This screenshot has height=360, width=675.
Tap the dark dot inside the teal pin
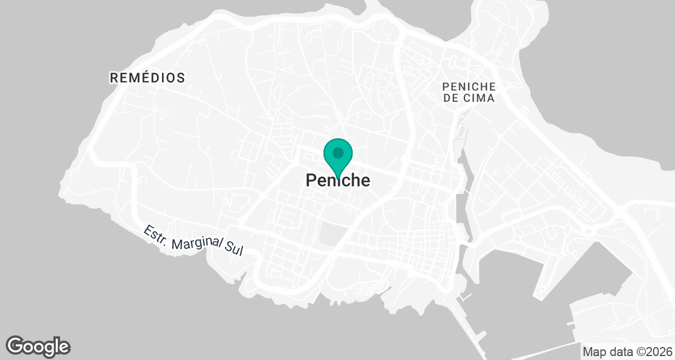point(337,152)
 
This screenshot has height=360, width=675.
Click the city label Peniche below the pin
point(338,180)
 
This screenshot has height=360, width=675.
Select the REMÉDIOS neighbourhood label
point(147,78)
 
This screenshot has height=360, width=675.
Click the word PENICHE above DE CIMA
point(469,87)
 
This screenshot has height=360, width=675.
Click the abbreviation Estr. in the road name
point(156,235)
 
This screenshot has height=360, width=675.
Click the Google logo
point(38,346)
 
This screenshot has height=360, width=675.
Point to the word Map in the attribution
point(593,352)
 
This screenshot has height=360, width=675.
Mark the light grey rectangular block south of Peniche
point(331,235)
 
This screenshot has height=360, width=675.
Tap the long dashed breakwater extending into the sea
point(471,326)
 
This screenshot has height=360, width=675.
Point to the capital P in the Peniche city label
point(310,181)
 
